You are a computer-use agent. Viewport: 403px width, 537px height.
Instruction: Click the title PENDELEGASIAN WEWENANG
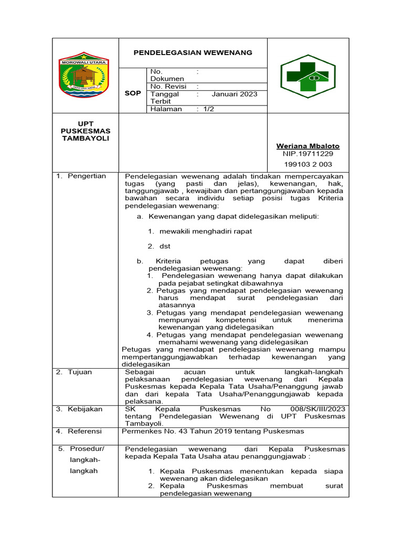coord(193,52)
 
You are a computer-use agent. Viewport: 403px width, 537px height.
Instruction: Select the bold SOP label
coord(133,93)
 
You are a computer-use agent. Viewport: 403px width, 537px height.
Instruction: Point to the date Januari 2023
coord(235,94)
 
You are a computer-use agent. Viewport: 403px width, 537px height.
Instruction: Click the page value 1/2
coord(208,109)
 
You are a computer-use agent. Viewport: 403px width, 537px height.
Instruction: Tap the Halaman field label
coord(166,109)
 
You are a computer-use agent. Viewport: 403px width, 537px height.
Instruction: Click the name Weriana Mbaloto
coord(308,146)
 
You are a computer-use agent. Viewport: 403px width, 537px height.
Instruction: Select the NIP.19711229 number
coord(308,154)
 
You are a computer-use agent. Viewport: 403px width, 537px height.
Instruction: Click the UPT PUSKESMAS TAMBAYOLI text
coord(85,130)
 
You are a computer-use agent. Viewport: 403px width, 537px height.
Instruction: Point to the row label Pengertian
coord(87,176)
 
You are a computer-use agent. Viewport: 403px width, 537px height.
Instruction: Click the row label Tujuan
coord(80,372)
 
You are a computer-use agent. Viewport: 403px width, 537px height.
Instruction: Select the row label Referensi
coord(85,431)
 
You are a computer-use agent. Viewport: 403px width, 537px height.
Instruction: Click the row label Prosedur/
coord(87,449)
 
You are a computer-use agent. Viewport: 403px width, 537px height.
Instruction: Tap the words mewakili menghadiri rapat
coord(206,231)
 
